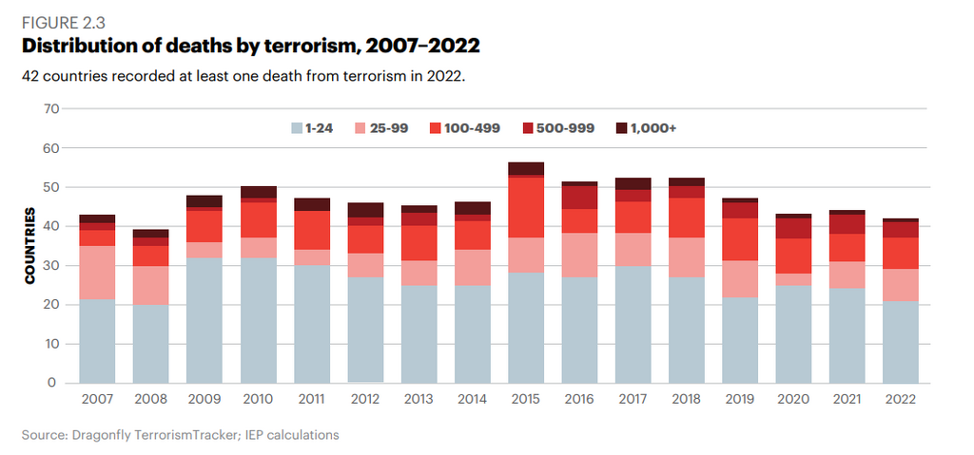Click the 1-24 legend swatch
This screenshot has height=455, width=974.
click(x=296, y=128)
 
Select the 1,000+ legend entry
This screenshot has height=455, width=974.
click(x=647, y=128)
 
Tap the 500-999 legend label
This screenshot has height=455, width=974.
click(x=569, y=128)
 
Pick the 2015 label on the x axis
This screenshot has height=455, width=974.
click(x=525, y=400)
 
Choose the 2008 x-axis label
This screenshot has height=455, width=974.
click(x=150, y=400)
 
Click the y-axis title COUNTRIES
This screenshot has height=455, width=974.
click(x=30, y=245)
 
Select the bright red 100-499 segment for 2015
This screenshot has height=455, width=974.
click(x=525, y=207)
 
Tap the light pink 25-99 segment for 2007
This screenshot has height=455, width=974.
click(x=97, y=273)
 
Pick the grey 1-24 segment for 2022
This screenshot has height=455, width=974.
click(x=900, y=342)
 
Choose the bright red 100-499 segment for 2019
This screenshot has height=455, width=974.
click(x=738, y=239)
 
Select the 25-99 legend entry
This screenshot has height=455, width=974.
click(x=380, y=128)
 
